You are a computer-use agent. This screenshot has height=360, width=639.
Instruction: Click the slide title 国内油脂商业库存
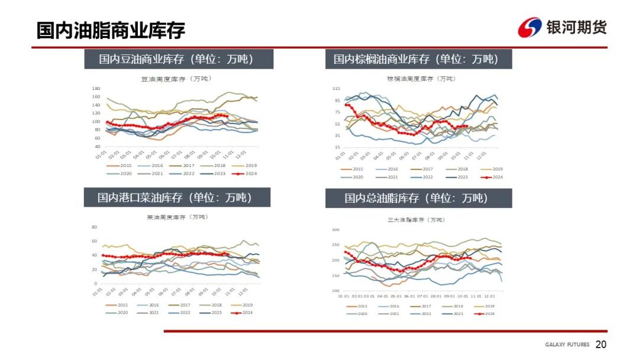111,30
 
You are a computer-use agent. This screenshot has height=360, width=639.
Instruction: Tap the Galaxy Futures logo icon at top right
530,27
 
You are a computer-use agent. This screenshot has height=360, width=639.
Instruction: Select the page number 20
601,345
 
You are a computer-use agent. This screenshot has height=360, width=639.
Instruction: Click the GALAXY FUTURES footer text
567,345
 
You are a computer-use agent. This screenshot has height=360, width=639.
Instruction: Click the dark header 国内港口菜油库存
175,198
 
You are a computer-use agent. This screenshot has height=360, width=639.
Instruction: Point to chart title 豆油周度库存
176,79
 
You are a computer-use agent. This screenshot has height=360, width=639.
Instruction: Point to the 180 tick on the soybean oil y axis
96,88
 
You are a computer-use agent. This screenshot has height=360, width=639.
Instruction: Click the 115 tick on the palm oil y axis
336,89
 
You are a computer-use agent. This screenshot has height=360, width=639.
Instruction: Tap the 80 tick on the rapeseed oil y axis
94,227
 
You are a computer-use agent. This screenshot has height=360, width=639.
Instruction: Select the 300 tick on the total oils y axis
335,230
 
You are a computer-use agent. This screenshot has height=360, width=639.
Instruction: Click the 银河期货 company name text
576,27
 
